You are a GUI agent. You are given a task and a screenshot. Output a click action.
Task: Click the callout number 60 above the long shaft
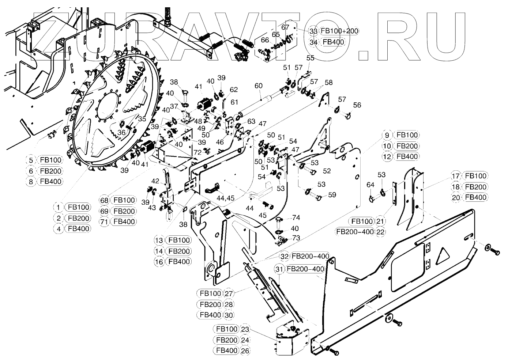(x=258, y=86)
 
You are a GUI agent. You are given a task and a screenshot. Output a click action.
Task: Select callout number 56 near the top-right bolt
(x=357, y=105)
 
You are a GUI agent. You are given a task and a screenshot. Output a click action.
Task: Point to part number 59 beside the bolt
(x=332, y=195)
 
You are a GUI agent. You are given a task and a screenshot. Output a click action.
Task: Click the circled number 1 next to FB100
(x=58, y=207)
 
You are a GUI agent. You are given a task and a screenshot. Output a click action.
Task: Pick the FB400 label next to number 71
(x=124, y=221)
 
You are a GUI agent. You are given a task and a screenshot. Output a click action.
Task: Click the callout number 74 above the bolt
(x=296, y=218)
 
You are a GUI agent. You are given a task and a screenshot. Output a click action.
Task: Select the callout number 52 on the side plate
(x=327, y=171)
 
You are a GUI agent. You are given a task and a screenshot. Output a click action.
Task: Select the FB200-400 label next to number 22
(x=355, y=232)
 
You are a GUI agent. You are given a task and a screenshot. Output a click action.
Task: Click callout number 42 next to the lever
(x=156, y=181)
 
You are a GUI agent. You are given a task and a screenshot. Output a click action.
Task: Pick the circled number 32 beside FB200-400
(x=284, y=256)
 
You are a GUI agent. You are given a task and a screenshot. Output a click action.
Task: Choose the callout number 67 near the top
(x=285, y=27)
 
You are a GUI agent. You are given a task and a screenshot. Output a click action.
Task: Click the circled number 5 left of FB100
(x=31, y=160)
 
